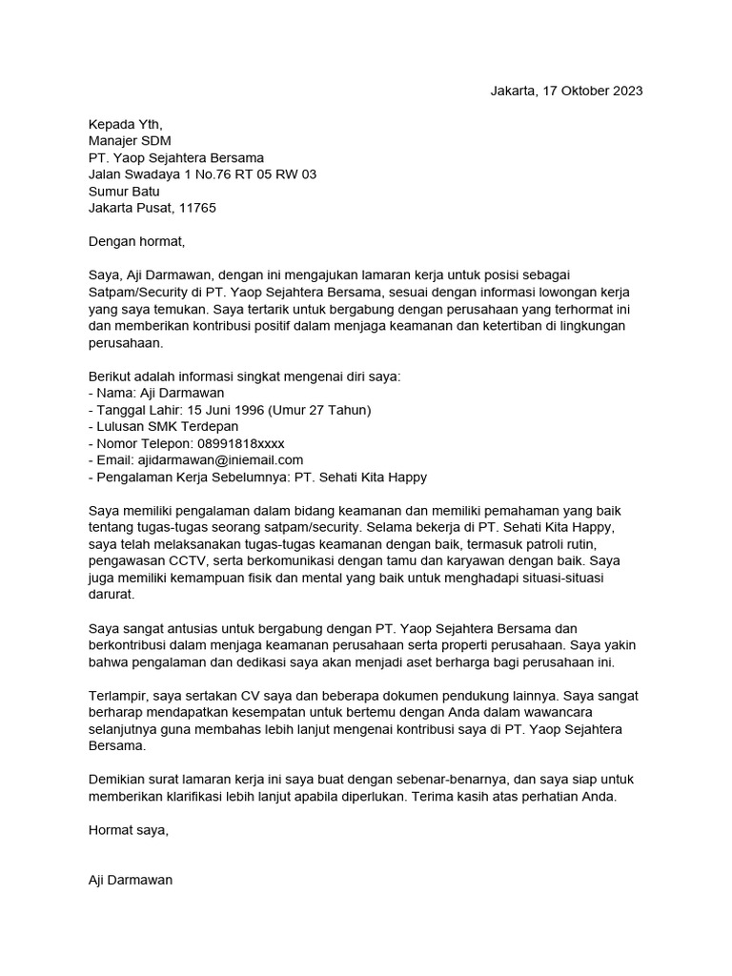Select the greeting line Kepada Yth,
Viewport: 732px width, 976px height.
click(126, 124)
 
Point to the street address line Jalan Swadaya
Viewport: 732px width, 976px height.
click(202, 174)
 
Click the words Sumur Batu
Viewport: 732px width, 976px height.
click(124, 191)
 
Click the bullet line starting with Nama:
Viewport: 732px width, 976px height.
click(156, 394)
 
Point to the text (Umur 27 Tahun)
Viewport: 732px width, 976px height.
click(320, 410)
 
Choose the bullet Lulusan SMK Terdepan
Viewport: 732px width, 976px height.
click(163, 427)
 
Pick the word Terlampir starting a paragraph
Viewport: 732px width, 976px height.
click(116, 696)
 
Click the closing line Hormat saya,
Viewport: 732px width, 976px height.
click(128, 830)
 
